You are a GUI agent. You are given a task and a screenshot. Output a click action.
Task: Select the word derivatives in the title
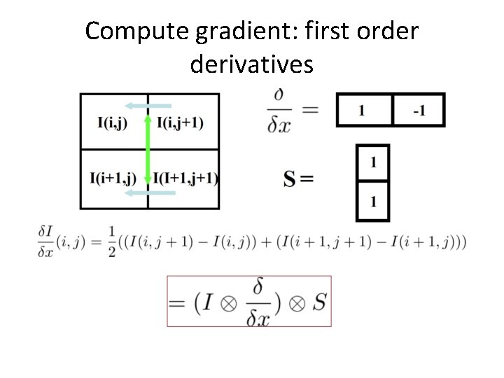coord(251,64)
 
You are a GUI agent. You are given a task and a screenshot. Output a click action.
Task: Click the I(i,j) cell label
coord(113,123)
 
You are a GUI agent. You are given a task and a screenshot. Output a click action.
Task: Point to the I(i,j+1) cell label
coord(181,123)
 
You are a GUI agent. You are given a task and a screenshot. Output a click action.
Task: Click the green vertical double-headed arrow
coord(148,150)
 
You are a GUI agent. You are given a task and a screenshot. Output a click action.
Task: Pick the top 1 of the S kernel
coord(373,162)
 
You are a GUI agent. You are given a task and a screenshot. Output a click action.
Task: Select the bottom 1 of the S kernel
coord(373,202)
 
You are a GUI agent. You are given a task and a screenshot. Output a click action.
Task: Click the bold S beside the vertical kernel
coord(289,179)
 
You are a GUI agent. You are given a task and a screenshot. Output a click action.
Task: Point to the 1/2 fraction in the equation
coord(112,243)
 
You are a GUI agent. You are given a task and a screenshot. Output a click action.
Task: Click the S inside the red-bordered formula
coord(318,302)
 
